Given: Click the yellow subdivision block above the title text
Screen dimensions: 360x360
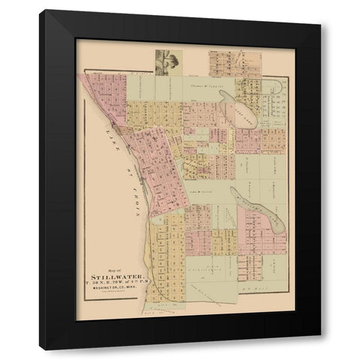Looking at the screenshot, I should pyautogui.click(x=169, y=240).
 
